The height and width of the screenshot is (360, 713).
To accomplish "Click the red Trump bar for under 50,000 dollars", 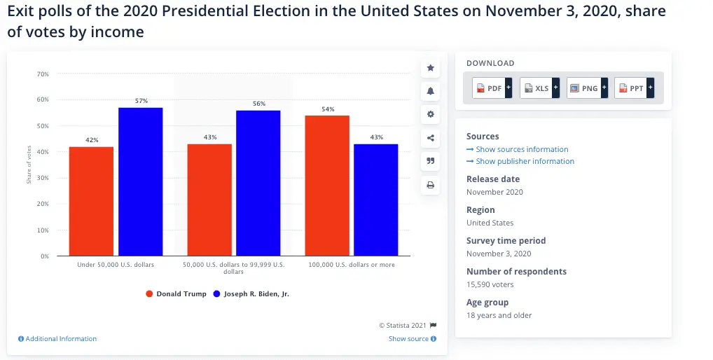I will pyautogui.click(x=91, y=201).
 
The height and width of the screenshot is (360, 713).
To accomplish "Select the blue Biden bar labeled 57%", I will pyautogui.click(x=141, y=181).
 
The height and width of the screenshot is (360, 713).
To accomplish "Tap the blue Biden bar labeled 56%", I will pyautogui.click(x=258, y=183).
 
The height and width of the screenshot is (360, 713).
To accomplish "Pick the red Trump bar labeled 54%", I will pyautogui.click(x=327, y=186).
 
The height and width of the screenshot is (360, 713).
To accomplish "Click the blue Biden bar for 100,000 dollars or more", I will pyautogui.click(x=376, y=200).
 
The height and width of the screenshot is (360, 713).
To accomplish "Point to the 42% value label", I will pyautogui.click(x=92, y=140).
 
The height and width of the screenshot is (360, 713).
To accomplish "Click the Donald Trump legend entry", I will pyautogui.click(x=176, y=294).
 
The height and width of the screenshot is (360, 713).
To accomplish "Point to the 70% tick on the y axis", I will pyautogui.click(x=43, y=74).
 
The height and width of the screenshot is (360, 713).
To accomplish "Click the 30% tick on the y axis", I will pyautogui.click(x=43, y=178).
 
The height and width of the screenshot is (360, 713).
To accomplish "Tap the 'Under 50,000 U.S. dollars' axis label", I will pyautogui.click(x=116, y=265).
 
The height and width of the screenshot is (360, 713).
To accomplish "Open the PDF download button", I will pyautogui.click(x=493, y=88).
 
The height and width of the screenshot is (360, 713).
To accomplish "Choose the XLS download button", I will pyautogui.click(x=540, y=88).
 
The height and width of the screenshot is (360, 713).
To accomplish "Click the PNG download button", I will pyautogui.click(x=587, y=88).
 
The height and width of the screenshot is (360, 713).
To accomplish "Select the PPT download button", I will pyautogui.click(x=635, y=88).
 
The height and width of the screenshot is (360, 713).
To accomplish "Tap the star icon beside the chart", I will pyautogui.click(x=431, y=68).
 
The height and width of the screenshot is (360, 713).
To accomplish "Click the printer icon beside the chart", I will pyautogui.click(x=431, y=186).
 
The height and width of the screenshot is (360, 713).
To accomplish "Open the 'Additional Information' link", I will pyautogui.click(x=57, y=339).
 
